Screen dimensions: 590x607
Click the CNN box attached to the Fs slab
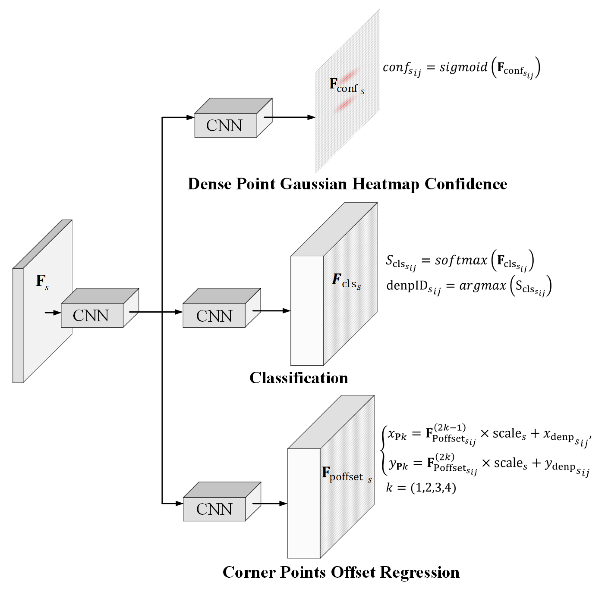(x=92, y=315)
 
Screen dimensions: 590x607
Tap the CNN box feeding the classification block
(x=214, y=315)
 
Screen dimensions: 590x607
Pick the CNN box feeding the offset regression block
(x=214, y=509)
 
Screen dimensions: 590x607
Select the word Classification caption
(x=299, y=378)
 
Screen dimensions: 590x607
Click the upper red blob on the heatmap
(x=349, y=75)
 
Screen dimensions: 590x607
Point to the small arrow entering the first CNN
(x=53, y=313)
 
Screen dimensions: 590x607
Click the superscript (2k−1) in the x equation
(x=450, y=428)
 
